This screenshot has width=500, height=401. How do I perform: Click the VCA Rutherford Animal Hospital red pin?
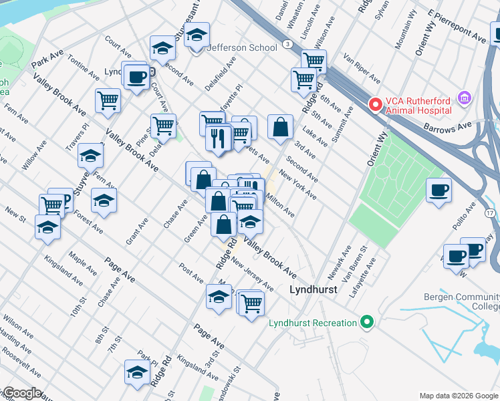[376, 104]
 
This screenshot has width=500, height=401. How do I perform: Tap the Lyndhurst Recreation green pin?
[366, 323]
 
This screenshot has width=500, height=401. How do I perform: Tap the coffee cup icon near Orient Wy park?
[439, 190]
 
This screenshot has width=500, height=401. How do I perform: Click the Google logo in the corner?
[23, 393]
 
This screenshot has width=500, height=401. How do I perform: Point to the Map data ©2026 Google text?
[458, 396]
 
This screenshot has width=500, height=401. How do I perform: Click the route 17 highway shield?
[491, 213]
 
